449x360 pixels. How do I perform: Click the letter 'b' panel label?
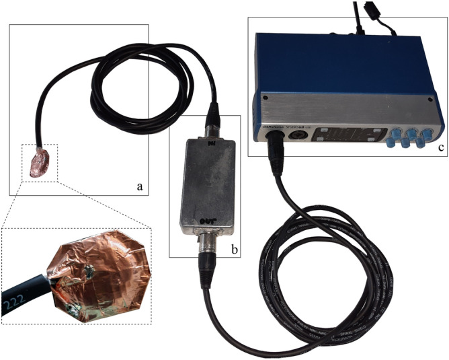[x=234, y=249]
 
